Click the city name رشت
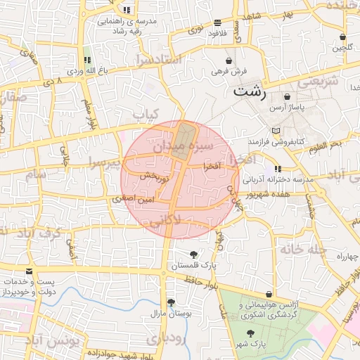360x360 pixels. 251,91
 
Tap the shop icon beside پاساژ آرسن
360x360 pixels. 288,96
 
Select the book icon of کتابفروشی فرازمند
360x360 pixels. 275,131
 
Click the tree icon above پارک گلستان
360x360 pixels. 193,254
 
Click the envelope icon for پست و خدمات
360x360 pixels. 29,271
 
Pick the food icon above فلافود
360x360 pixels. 217,22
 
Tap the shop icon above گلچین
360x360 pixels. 342,37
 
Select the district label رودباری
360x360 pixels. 167,338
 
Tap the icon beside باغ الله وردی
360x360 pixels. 87,60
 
